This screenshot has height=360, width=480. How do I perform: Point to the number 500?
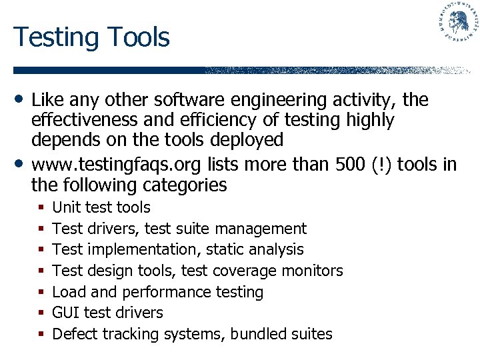pos(342,164)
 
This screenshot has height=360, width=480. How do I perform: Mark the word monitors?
pos(312,271)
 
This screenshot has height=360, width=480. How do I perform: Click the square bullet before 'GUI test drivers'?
pos(41,313)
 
